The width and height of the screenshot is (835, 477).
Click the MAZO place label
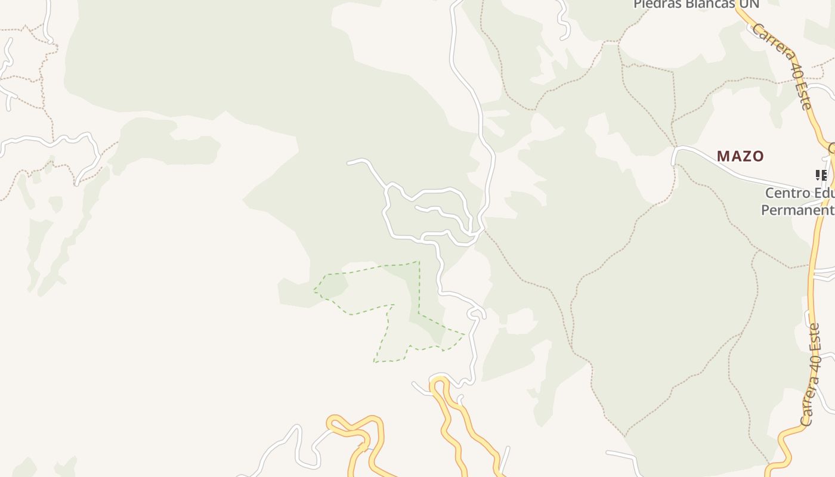740,156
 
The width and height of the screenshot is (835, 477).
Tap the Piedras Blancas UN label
695,4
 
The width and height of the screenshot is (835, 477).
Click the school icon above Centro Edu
821,175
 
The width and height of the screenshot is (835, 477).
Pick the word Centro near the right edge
788,193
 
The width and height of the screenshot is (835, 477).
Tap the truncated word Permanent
797,210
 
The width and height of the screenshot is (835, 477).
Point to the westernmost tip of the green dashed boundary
314,291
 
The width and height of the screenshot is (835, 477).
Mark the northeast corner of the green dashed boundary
419,261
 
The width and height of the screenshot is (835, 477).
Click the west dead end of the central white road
349,162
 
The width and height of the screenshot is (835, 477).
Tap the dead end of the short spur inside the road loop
417,208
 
